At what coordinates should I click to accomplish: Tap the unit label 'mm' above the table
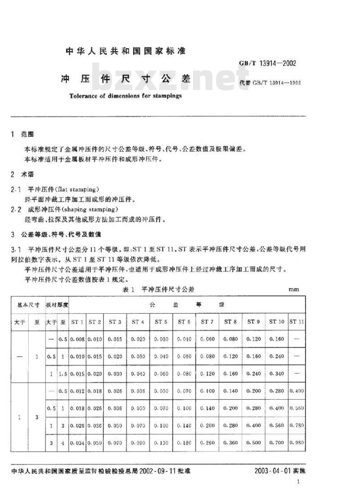coord(293,289)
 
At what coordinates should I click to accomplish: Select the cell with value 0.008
coord(77,339)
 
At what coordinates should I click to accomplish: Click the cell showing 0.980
coord(297,442)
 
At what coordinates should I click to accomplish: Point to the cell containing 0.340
coord(276,373)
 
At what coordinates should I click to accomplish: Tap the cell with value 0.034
coord(77,442)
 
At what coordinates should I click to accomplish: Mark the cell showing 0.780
coord(297,425)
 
